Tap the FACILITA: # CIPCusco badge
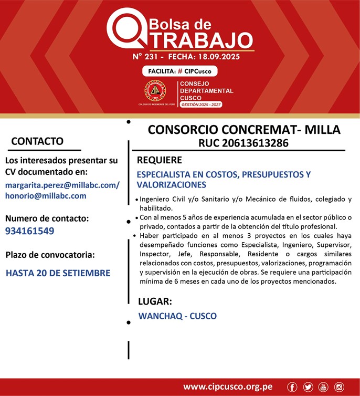(x=179, y=71)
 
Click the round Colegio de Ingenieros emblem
(x=155, y=91)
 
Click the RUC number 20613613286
(x=243, y=142)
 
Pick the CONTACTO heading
(x=37, y=141)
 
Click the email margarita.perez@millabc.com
(x=62, y=185)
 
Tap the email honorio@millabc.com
(x=46, y=195)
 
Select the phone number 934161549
(x=30, y=231)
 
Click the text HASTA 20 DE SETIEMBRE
(x=58, y=273)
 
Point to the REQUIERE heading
(x=160, y=160)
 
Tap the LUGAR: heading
(x=155, y=301)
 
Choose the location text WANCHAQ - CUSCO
(x=177, y=316)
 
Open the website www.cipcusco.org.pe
(x=228, y=387)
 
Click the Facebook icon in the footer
(x=292, y=387)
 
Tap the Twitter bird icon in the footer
(x=308, y=387)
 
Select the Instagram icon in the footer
(x=339, y=387)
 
